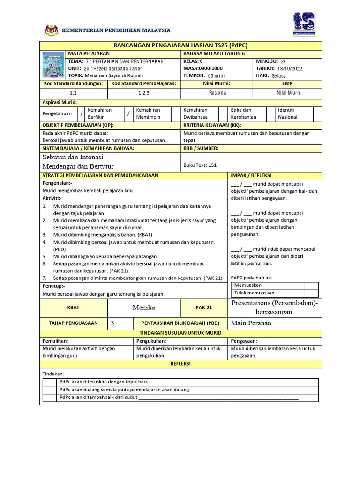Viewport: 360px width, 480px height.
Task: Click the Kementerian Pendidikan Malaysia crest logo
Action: coord(51,30)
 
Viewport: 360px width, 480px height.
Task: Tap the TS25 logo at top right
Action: coord(303,24)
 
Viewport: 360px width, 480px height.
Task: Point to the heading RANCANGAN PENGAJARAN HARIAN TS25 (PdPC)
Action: coord(180,45)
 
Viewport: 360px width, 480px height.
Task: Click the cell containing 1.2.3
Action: coord(144,93)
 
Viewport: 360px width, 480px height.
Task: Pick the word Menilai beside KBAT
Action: coord(144,307)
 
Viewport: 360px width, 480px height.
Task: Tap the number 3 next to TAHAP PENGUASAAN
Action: coord(112,323)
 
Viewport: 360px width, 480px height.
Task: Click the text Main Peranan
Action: coord(251,323)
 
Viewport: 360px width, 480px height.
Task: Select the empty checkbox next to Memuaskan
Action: coord(311,285)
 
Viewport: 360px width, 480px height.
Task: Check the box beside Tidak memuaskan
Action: coord(311,292)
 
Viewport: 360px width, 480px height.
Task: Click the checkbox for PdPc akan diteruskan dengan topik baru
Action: coord(50,382)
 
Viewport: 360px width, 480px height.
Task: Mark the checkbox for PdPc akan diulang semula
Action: coord(50,390)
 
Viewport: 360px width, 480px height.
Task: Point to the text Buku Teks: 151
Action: coord(200,165)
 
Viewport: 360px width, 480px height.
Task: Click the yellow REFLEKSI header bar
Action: coord(180,364)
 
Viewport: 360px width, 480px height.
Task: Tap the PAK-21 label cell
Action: coord(204,307)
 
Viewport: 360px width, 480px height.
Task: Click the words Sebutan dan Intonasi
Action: coord(73,157)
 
